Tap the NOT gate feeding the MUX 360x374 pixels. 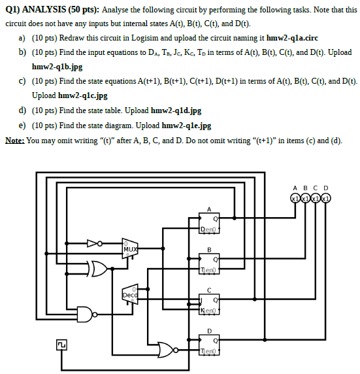[96, 243]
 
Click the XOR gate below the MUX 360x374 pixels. [99, 267]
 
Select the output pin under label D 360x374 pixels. [325, 198]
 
